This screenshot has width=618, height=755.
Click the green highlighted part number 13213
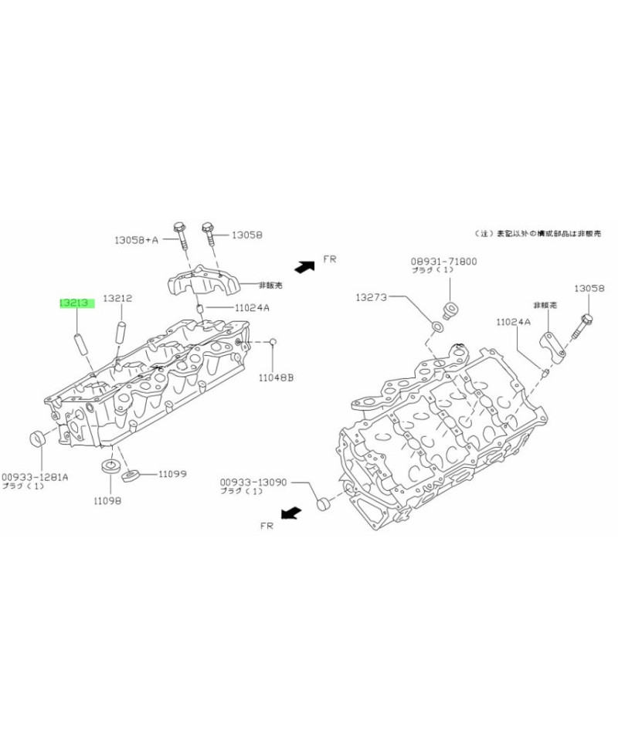(76, 303)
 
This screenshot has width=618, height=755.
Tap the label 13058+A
(136, 240)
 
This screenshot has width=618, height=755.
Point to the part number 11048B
(276, 377)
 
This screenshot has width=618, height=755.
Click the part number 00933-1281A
(35, 476)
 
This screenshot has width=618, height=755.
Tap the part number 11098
(107, 501)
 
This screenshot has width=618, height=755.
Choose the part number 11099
(173, 473)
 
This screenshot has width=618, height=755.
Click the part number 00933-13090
(252, 482)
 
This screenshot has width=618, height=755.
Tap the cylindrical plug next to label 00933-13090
(324, 506)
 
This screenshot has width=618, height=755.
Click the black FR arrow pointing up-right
(303, 266)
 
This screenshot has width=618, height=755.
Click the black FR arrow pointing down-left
(290, 512)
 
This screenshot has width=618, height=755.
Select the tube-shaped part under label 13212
(121, 332)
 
